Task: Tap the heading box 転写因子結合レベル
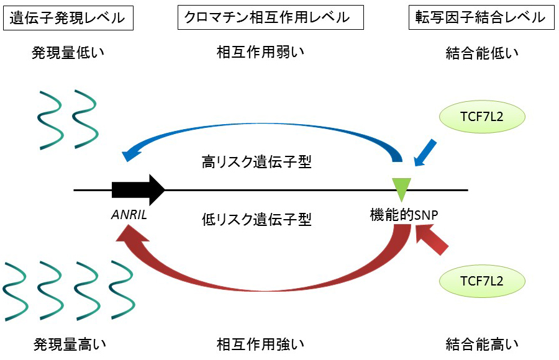481,18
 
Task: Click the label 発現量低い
68,53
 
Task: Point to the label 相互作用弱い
261,52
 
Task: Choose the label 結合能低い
482,53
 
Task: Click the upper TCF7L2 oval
482,115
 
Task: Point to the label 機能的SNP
403,215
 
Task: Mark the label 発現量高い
68,343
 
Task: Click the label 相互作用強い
261,343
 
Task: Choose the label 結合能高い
482,343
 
